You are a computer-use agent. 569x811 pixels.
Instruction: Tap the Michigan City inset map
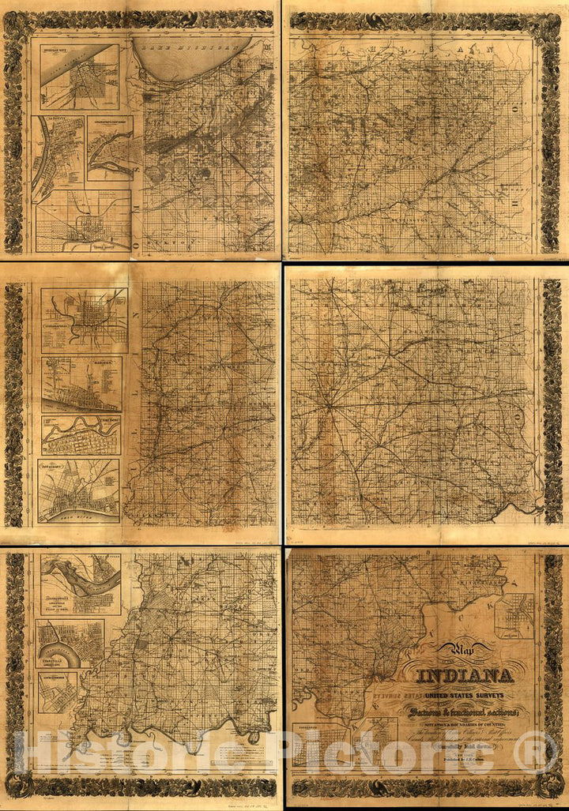[x=79, y=77]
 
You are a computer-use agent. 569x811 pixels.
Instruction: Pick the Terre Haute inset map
[x=83, y=220]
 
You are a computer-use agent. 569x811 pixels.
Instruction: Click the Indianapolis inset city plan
[x=85, y=320]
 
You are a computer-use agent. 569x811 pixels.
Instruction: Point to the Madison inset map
[x=81, y=384]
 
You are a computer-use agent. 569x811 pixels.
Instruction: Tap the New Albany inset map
[x=79, y=490]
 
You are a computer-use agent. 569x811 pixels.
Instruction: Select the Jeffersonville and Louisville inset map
[x=81, y=584]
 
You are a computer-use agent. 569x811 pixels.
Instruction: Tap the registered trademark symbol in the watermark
[x=536, y=753]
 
